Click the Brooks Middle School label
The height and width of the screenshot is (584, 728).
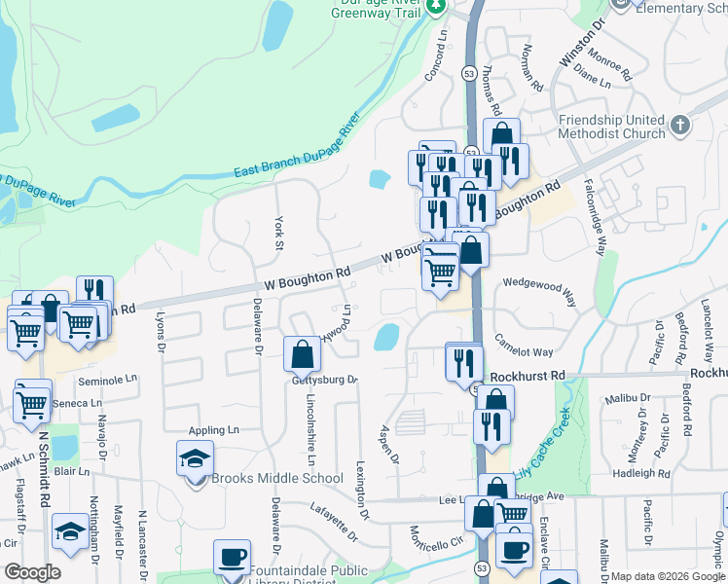(x=277, y=478)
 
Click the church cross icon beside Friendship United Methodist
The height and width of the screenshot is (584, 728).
(x=679, y=125)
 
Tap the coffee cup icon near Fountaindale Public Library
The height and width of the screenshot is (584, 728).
(x=232, y=557)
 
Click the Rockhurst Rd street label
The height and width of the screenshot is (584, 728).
(x=528, y=375)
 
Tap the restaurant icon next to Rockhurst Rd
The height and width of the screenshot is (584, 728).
(x=464, y=362)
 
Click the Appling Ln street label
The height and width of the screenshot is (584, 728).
(x=214, y=429)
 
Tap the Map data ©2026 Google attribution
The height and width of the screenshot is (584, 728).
(x=668, y=576)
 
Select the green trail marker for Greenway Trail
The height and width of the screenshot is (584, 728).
(x=437, y=7)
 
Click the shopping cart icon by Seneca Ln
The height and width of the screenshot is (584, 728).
(x=32, y=401)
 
